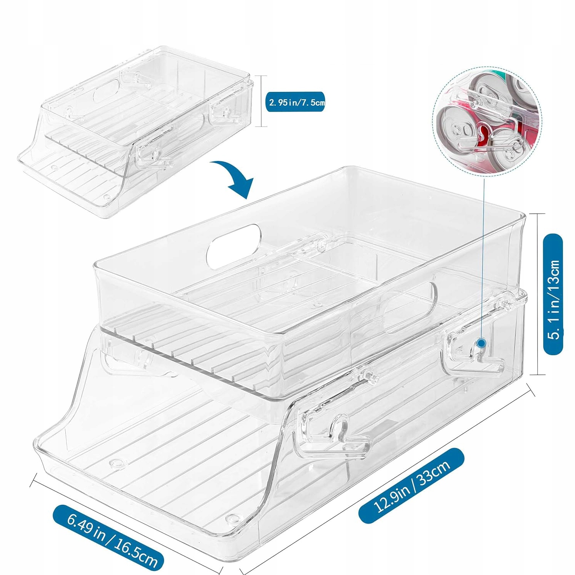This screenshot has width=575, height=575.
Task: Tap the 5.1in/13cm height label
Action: [x=554, y=294]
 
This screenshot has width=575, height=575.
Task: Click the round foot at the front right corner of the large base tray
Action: [x=232, y=519]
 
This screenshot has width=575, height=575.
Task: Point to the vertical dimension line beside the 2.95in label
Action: [x=261, y=101]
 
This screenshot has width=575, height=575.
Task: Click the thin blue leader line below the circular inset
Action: [x=483, y=249]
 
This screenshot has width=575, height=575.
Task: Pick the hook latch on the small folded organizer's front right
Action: [x=153, y=153]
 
